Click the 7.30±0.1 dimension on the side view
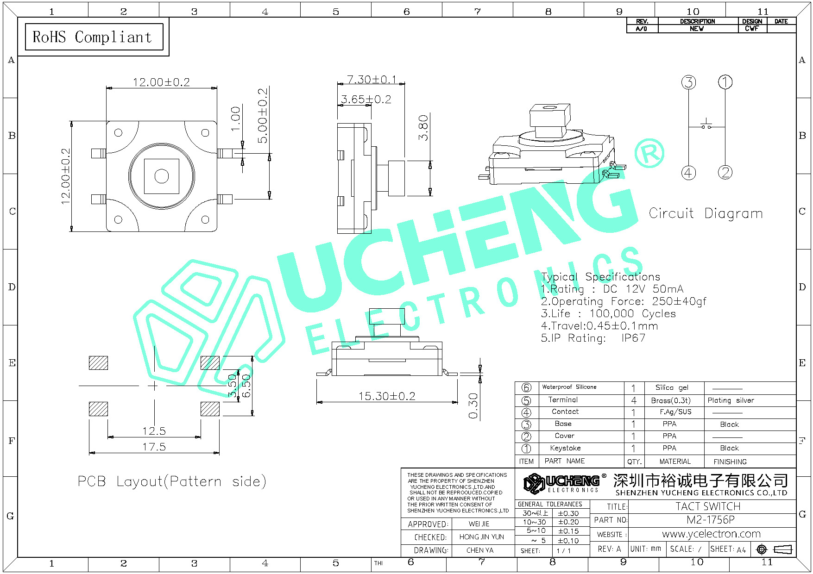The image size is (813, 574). click(x=372, y=80)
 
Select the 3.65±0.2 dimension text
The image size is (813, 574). click(x=366, y=100)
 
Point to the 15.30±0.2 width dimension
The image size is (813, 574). click(x=387, y=396)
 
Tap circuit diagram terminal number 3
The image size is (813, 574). click(x=689, y=82)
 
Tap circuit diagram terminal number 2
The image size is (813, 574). click(x=725, y=173)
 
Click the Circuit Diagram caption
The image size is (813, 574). click(x=705, y=213)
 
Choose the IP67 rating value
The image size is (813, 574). click(x=633, y=338)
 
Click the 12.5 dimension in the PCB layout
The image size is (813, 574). click(x=154, y=431)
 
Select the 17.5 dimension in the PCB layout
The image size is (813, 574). click(x=154, y=447)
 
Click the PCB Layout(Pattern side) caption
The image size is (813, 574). click(x=171, y=481)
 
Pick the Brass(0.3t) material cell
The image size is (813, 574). click(x=670, y=400)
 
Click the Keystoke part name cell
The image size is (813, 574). click(x=565, y=448)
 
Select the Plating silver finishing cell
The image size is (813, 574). click(x=731, y=400)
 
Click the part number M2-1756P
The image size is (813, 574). click(x=710, y=520)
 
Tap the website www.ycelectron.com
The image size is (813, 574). click(x=711, y=534)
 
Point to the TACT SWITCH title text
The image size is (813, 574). click(x=708, y=506)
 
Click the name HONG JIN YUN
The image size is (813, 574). click(x=481, y=537)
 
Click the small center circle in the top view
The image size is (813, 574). click(x=162, y=176)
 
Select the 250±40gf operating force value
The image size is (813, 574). click(x=679, y=301)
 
